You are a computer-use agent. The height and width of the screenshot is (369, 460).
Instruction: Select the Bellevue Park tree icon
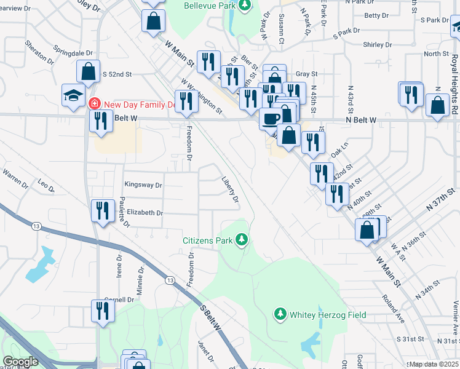point(245,6)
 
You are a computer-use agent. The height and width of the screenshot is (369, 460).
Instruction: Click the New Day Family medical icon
point(95,104)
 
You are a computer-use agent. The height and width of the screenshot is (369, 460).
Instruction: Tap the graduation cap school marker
point(73,95)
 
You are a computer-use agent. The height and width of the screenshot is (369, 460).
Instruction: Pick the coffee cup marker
point(269,117)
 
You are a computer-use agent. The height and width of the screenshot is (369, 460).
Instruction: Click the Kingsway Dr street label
point(143,184)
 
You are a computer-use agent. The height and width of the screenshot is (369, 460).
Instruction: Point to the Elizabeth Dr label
point(145,213)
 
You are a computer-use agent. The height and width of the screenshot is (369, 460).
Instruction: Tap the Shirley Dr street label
point(378,45)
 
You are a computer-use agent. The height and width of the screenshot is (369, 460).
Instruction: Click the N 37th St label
point(443,200)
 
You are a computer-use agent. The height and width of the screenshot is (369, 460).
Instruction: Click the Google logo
point(20,362)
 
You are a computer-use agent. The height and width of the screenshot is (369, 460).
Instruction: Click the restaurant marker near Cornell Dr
point(103,311)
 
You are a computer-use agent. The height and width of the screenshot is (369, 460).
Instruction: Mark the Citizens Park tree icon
point(243,239)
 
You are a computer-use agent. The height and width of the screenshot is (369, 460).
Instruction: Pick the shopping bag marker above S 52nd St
point(89,71)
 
